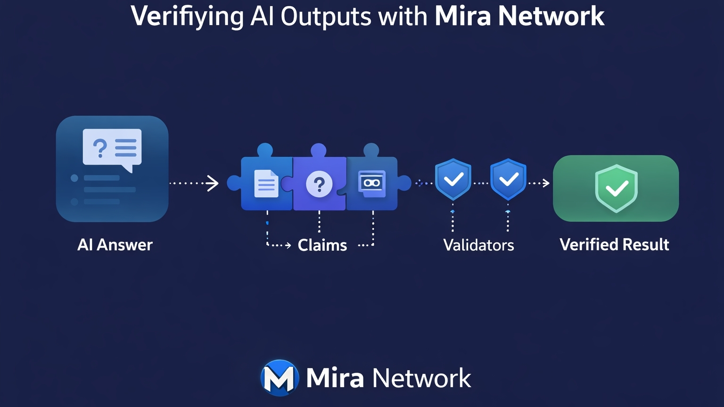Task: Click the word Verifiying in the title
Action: point(187,17)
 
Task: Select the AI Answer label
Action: point(115,245)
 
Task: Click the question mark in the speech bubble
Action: point(100,148)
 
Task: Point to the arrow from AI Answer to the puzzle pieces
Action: point(194,183)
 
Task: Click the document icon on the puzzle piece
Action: point(266,183)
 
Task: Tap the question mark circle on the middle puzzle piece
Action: point(319,184)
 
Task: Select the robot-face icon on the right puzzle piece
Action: point(372,183)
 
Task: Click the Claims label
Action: point(322,245)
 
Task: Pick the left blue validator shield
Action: point(453,179)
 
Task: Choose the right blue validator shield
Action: point(508,179)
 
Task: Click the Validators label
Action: point(478,245)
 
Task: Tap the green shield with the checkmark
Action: point(616,188)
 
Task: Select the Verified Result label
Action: point(614,245)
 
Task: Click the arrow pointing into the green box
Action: point(539,183)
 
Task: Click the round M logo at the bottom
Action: point(280,378)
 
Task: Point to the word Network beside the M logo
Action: point(421,378)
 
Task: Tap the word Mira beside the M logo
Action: point(335,378)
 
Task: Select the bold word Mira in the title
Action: point(463,17)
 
